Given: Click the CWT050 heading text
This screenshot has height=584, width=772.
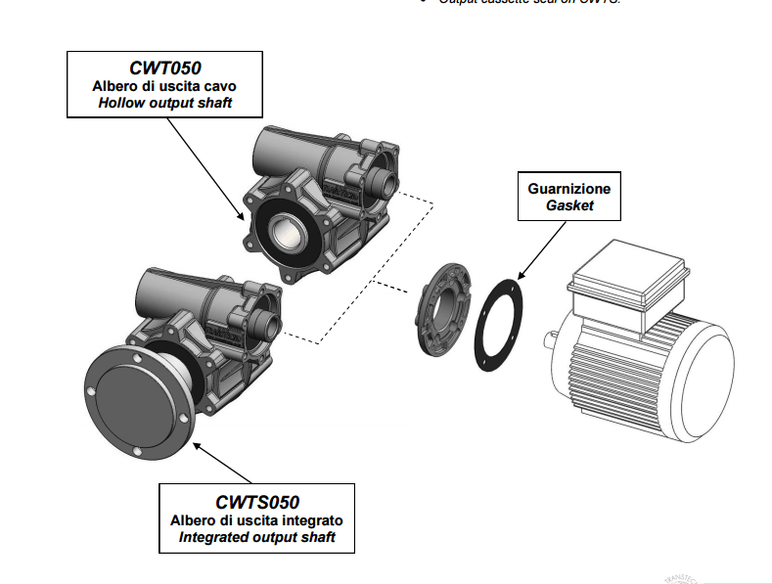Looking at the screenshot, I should pyautogui.click(x=165, y=67).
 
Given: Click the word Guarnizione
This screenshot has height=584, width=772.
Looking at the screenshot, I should pyautogui.click(x=569, y=188).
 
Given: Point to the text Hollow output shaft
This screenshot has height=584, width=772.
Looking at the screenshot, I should pyautogui.click(x=165, y=102).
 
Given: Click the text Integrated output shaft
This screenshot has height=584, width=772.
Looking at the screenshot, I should pyautogui.click(x=256, y=537).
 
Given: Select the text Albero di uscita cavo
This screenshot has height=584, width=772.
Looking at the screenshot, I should pyautogui.click(x=165, y=85).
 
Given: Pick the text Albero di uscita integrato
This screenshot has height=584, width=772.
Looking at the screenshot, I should pyautogui.click(x=256, y=519).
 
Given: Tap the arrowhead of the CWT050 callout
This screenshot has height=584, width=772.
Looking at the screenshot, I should pyautogui.click(x=242, y=218).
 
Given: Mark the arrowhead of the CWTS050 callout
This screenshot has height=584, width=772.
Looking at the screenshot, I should pyautogui.click(x=197, y=446).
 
